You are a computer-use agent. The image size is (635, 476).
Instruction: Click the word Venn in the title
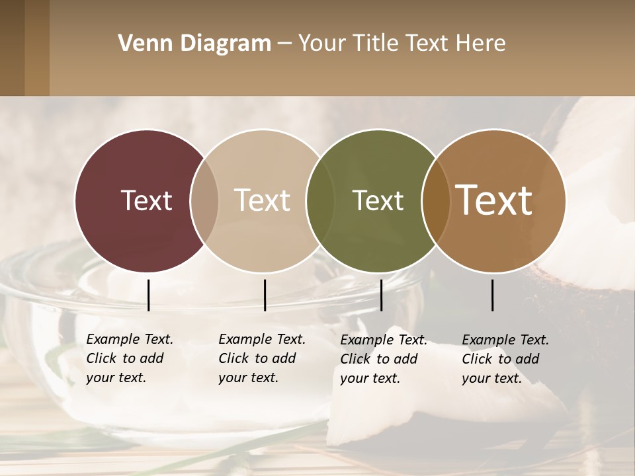pyautogui.click(x=140, y=44)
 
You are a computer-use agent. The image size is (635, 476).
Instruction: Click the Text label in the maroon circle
pyautogui.click(x=146, y=200)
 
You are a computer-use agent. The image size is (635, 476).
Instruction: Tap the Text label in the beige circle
pyautogui.click(x=263, y=200)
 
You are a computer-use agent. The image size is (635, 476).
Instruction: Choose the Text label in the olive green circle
pyautogui.click(x=378, y=200)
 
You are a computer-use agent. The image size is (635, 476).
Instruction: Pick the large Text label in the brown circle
pyautogui.click(x=494, y=200)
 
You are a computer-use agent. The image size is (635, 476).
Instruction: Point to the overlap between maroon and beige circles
pyautogui.click(x=204, y=201)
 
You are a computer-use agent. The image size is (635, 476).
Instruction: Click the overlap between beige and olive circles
pyautogui.click(x=320, y=201)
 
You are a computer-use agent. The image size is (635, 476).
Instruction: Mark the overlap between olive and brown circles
pyautogui.click(x=436, y=201)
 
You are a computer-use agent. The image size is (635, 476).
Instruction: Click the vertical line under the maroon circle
pyautogui.click(x=148, y=295)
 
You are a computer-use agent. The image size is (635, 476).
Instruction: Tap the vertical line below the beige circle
pyautogui.click(x=265, y=295)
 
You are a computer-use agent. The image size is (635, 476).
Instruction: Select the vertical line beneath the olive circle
pyautogui.click(x=381, y=295)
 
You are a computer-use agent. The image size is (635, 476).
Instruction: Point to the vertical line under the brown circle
pyautogui.click(x=493, y=295)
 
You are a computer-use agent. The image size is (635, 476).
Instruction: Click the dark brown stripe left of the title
pyautogui.click(x=12, y=48)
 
